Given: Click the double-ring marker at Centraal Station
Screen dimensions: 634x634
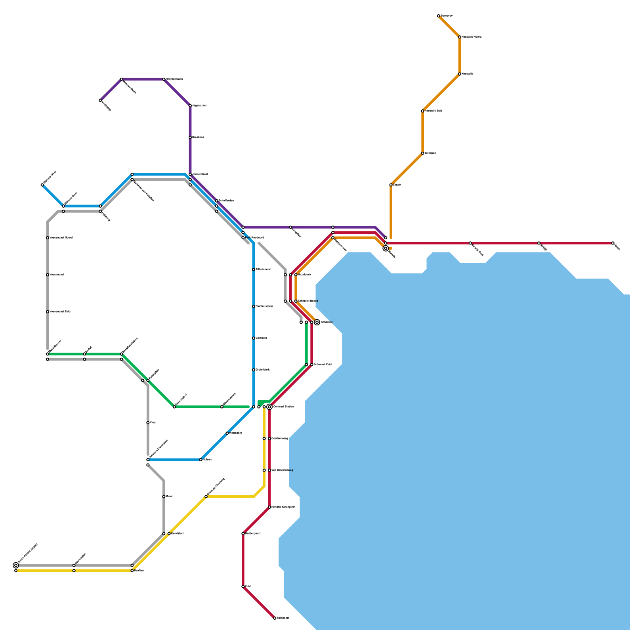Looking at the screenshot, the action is pyautogui.click(x=269, y=407).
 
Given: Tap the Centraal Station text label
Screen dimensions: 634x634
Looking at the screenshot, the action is pyautogui.click(x=283, y=407).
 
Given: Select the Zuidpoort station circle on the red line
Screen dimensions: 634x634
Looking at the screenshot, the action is pyautogui.click(x=275, y=618).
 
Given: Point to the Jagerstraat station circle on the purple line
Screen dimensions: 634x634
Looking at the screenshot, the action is pyautogui.click(x=190, y=106).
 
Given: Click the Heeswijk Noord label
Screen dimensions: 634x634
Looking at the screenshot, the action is pyautogui.click(x=472, y=37).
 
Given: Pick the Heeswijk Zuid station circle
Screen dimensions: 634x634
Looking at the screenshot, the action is pyautogui.click(x=423, y=111).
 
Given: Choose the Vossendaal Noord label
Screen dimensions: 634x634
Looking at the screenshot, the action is pyautogui.click(x=61, y=238).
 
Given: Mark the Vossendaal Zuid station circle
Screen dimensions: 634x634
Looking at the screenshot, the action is pyautogui.click(x=48, y=312).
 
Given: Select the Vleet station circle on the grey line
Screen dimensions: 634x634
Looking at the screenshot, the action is pyautogui.click(x=148, y=423).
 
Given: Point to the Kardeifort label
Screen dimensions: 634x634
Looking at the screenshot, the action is pyautogui.click(x=177, y=534).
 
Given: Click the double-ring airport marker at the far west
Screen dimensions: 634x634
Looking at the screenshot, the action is pyautogui.click(x=16, y=565).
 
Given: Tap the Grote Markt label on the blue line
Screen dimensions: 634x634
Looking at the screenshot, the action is pyautogui.click(x=263, y=370).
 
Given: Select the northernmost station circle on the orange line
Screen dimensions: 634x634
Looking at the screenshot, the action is pyautogui.click(x=439, y=16).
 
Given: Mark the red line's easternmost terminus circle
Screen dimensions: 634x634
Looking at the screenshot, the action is pyautogui.click(x=613, y=243).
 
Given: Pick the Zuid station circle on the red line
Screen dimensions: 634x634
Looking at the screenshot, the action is pyautogui.click(x=243, y=586).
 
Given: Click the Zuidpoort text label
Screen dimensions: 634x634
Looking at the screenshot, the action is pyautogui.click(x=283, y=618).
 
